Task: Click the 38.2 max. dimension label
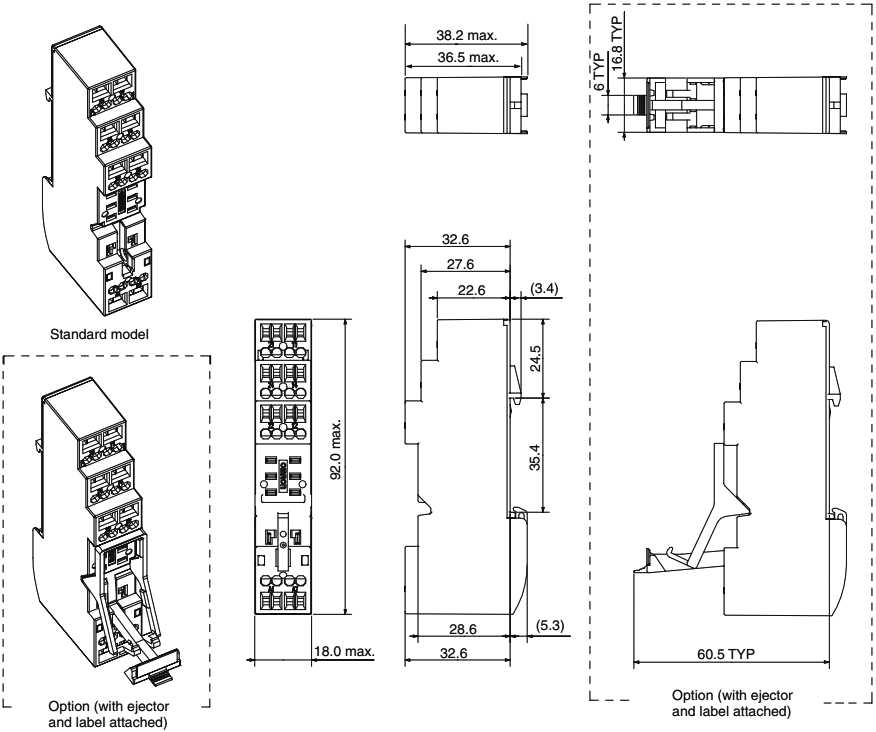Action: (466, 35)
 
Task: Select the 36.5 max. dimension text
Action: (468, 57)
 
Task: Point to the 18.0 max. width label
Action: (344, 651)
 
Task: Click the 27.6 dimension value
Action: (460, 264)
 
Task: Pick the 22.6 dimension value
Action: (472, 290)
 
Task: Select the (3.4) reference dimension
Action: (544, 288)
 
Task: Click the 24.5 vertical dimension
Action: (535, 358)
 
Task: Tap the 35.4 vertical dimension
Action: (535, 457)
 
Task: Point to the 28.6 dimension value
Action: (463, 629)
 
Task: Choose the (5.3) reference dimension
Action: (550, 625)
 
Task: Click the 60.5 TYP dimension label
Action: (726, 654)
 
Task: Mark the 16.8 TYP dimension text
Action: (616, 44)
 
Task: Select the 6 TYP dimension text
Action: (598, 72)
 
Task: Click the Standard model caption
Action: (99, 334)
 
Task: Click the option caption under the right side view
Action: (732, 704)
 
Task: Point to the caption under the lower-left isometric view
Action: (108, 714)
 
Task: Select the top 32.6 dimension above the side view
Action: (455, 239)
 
